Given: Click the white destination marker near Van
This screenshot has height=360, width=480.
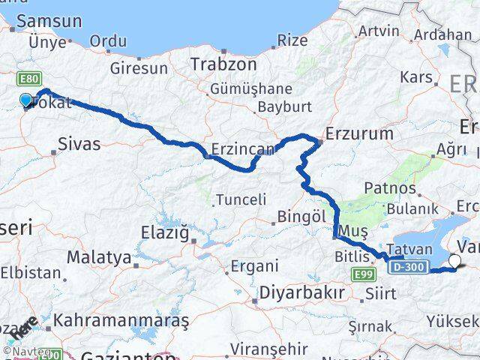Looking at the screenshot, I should coord(455,261).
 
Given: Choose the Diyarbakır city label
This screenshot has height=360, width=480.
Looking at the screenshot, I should coord(301,291).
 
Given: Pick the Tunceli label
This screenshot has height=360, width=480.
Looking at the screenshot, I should coord(241,199).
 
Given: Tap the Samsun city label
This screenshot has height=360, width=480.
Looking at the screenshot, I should coord(49,22).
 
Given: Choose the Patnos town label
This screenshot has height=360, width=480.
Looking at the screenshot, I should coord(390,187).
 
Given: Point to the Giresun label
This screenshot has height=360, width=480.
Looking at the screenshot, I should coord(139,68).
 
